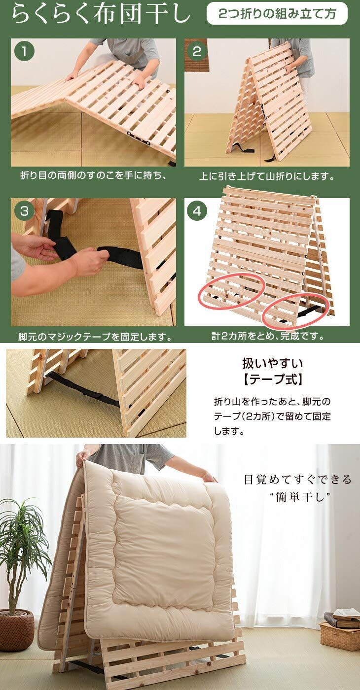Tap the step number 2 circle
197,52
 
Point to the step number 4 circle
197,211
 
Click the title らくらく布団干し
100,15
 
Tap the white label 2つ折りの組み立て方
277,14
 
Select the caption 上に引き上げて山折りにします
267,176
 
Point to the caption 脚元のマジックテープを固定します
95,337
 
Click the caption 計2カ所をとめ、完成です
268,337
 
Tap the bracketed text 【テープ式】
272,380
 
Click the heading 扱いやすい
272,364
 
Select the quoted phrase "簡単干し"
297,496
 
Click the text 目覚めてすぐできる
298,480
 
